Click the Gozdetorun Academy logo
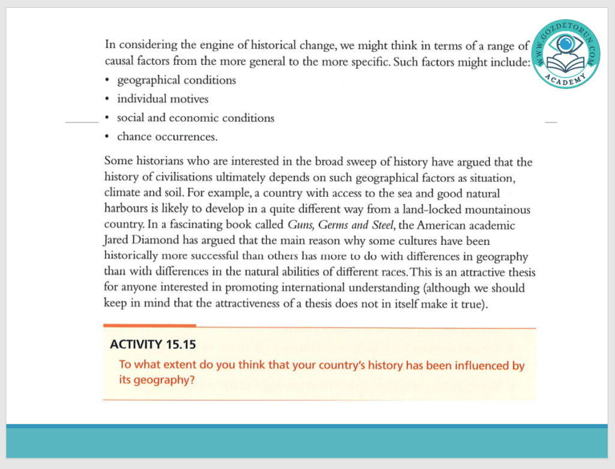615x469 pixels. click(x=565, y=53)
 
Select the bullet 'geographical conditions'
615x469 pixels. click(x=176, y=80)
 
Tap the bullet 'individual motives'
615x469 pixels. click(x=162, y=98)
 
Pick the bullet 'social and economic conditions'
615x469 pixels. click(x=195, y=118)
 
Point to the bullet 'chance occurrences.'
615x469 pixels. click(x=167, y=136)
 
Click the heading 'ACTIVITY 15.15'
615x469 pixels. click(x=153, y=345)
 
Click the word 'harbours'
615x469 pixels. click(x=126, y=210)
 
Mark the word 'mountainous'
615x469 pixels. click(x=494, y=210)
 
